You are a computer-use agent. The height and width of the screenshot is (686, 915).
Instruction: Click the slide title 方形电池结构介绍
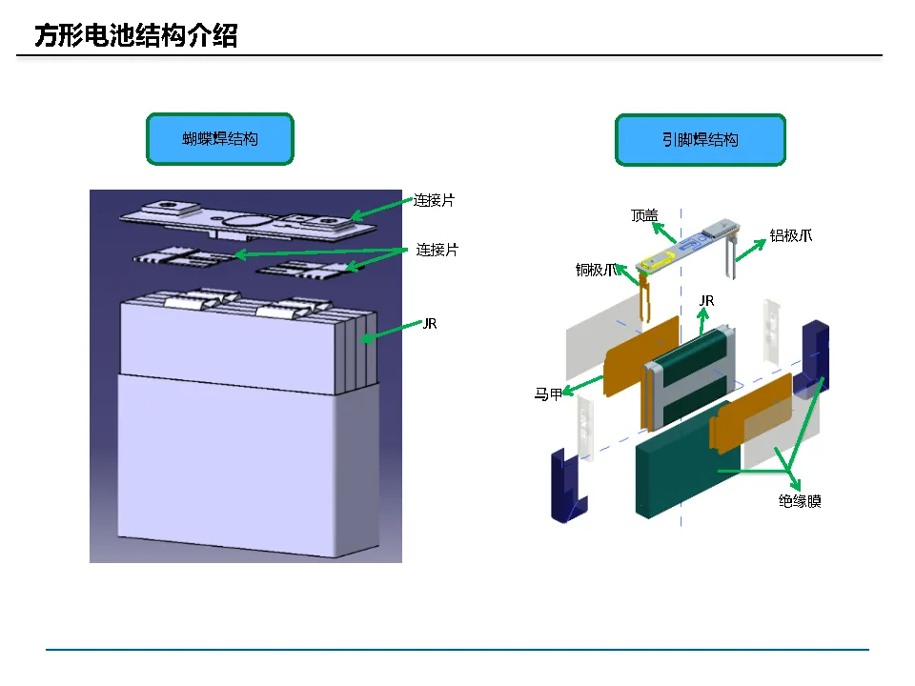[x=136, y=35]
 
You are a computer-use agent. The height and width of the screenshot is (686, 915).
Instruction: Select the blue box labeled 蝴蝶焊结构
[x=220, y=139]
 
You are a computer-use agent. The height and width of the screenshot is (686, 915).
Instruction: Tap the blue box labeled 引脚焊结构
[x=701, y=140]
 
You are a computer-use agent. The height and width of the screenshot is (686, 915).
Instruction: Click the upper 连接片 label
[x=435, y=200]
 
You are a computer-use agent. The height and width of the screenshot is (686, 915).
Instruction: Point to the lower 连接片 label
[x=437, y=250]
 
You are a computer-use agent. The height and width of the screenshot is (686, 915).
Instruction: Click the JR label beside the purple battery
[x=430, y=324]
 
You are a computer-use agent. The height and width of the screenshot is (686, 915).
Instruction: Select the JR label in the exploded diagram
[x=706, y=301]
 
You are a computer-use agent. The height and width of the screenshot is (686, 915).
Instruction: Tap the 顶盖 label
[x=644, y=216]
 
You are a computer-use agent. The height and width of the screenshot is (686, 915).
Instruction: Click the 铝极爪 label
[x=791, y=235]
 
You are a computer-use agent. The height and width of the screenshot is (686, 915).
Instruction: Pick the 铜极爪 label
[x=596, y=270]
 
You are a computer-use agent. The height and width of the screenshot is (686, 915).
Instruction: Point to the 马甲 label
[x=548, y=394]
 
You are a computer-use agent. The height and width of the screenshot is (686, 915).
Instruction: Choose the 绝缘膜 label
[x=800, y=501]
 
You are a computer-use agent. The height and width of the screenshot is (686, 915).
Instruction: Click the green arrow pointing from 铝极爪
[x=750, y=251]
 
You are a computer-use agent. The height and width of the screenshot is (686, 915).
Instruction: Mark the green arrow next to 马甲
[x=583, y=386]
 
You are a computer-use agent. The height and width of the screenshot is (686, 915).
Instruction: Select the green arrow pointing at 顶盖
[x=664, y=232]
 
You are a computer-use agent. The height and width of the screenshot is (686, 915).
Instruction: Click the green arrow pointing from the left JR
[x=391, y=331]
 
